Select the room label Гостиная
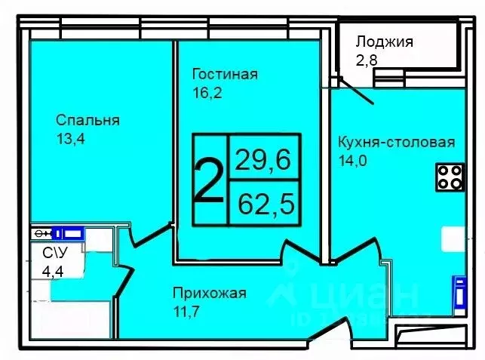[x=225, y=74]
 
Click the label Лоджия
[x=384, y=42]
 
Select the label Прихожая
[x=210, y=294]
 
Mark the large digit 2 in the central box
[x=208, y=180]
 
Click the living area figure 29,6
[x=262, y=159]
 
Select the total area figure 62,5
[x=262, y=202]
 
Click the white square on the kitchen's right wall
[x=453, y=239]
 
